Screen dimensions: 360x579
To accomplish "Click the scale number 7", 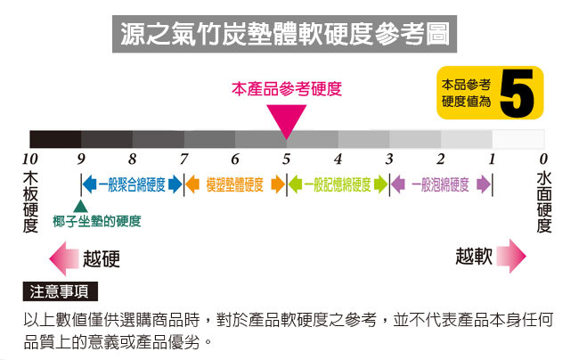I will click(x=185, y=160).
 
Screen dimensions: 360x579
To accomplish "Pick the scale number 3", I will click(x=389, y=160).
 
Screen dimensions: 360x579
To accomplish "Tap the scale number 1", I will click(x=491, y=160).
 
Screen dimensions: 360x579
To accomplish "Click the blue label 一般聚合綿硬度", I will click(x=132, y=185).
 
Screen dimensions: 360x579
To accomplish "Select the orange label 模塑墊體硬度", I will click(x=235, y=185).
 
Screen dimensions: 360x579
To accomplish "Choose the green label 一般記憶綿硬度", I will click(x=338, y=185).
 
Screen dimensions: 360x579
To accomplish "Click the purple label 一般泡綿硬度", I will click(x=441, y=185).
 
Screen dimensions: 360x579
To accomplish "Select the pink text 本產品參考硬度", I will click(x=286, y=89).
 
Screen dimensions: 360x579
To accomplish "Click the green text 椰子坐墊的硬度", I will click(x=96, y=221).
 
